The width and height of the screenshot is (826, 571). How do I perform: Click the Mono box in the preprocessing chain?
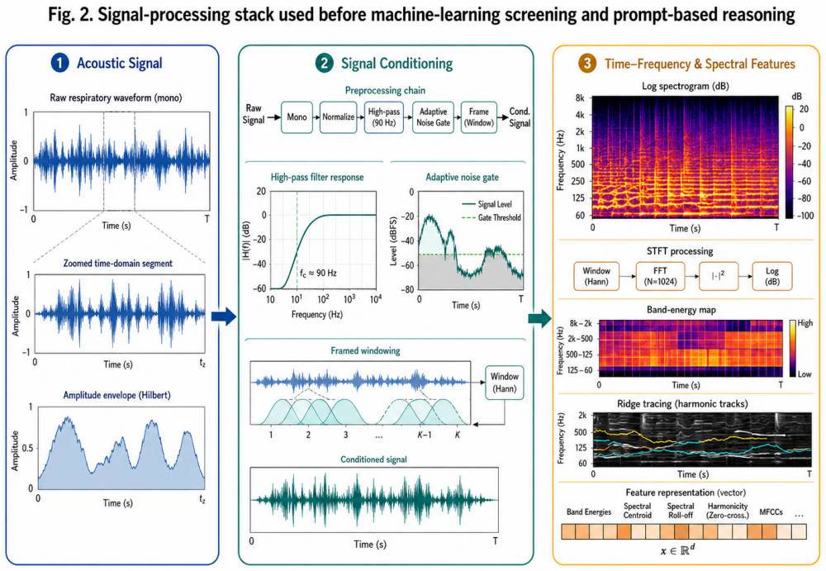coord(297,117)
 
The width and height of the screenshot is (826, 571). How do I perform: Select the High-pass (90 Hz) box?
coord(383,117)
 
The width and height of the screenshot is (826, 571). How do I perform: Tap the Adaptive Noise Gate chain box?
coord(433,117)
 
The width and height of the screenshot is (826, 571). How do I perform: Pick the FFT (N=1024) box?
coord(660,276)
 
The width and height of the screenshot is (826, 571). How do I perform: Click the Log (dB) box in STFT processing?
coord(771,276)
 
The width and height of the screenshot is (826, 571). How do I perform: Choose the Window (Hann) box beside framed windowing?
coord(504,383)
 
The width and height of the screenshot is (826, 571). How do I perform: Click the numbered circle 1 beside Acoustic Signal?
coord(60,64)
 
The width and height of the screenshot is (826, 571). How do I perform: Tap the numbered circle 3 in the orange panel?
coord(586,64)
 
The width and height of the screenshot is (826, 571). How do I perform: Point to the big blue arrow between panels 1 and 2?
coord(223,316)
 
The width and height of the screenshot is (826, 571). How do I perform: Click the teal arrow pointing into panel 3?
coord(539,318)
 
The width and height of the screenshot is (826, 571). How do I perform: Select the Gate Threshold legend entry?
coord(491,217)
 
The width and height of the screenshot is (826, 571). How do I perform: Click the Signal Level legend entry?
coord(487,204)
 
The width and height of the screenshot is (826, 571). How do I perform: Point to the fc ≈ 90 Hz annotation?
coord(318,274)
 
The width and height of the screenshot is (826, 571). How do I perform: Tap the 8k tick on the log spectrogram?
coord(580,98)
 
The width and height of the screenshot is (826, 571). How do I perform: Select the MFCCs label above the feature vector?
coord(771,512)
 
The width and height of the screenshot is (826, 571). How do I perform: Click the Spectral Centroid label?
coord(638,511)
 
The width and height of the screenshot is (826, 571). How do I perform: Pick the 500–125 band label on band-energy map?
coord(580,354)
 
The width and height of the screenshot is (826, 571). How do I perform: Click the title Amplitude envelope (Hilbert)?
coord(117,395)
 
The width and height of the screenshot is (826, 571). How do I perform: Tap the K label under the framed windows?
coord(458,435)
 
